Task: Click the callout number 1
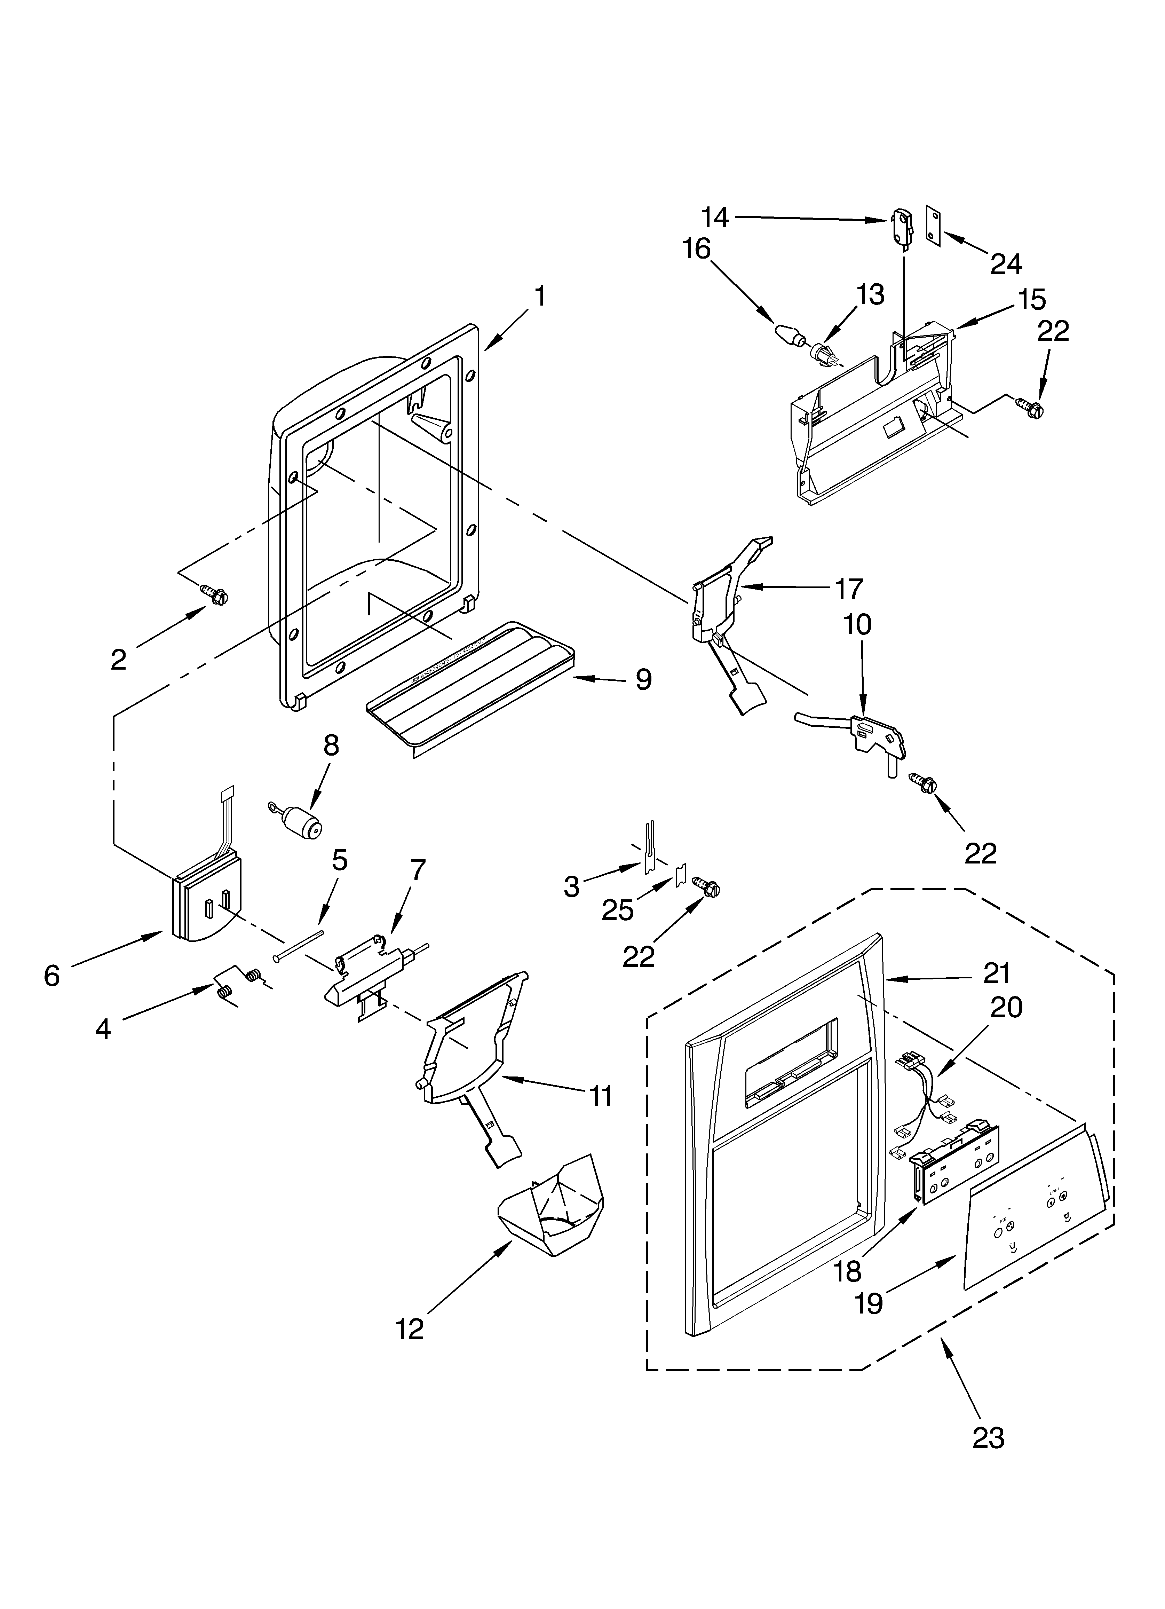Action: tap(540, 297)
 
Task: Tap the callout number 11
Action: tap(600, 1096)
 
